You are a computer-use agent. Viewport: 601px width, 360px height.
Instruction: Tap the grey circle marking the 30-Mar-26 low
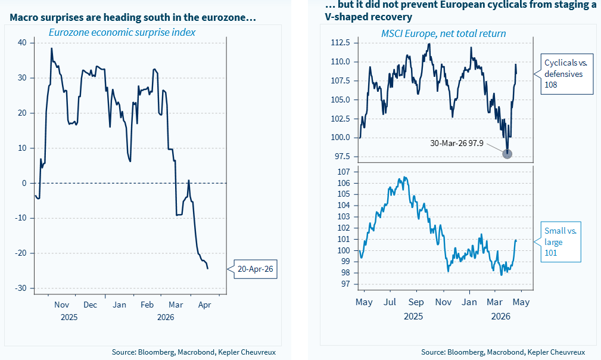tap(507, 154)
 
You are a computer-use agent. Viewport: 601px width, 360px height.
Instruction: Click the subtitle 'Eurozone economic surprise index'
tap(122, 32)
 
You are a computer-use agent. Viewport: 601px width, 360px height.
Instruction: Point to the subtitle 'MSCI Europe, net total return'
tap(443, 33)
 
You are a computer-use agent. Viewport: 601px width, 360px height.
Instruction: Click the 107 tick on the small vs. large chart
tap(343, 172)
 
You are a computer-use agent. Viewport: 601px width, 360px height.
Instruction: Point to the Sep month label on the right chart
tap(416, 302)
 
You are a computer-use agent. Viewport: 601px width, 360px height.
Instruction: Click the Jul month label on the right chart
tap(390, 302)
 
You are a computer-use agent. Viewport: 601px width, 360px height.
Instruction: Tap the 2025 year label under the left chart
tap(69, 317)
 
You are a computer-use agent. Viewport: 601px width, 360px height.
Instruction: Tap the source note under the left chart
tap(194, 352)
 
